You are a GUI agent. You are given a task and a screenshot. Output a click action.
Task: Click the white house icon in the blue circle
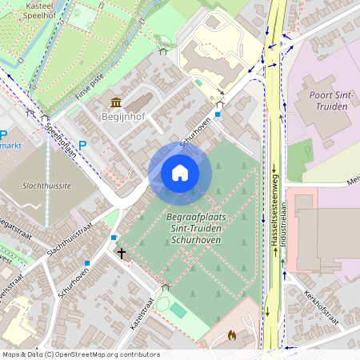click(x=180, y=172)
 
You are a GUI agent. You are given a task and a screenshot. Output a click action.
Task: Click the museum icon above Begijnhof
click(x=117, y=102)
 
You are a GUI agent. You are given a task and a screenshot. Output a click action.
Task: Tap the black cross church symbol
click(x=122, y=254)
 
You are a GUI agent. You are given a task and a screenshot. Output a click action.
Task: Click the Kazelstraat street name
click(x=142, y=314)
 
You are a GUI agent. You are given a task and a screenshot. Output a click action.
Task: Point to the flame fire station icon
click(x=232, y=336)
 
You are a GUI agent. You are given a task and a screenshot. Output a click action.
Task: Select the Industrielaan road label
click(x=284, y=240)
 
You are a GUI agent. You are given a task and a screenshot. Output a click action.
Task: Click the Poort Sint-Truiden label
click(x=326, y=104)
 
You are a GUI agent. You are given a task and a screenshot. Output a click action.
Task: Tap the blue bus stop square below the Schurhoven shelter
click(x=218, y=114)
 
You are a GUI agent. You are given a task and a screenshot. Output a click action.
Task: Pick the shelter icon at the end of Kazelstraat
click(x=166, y=286)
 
